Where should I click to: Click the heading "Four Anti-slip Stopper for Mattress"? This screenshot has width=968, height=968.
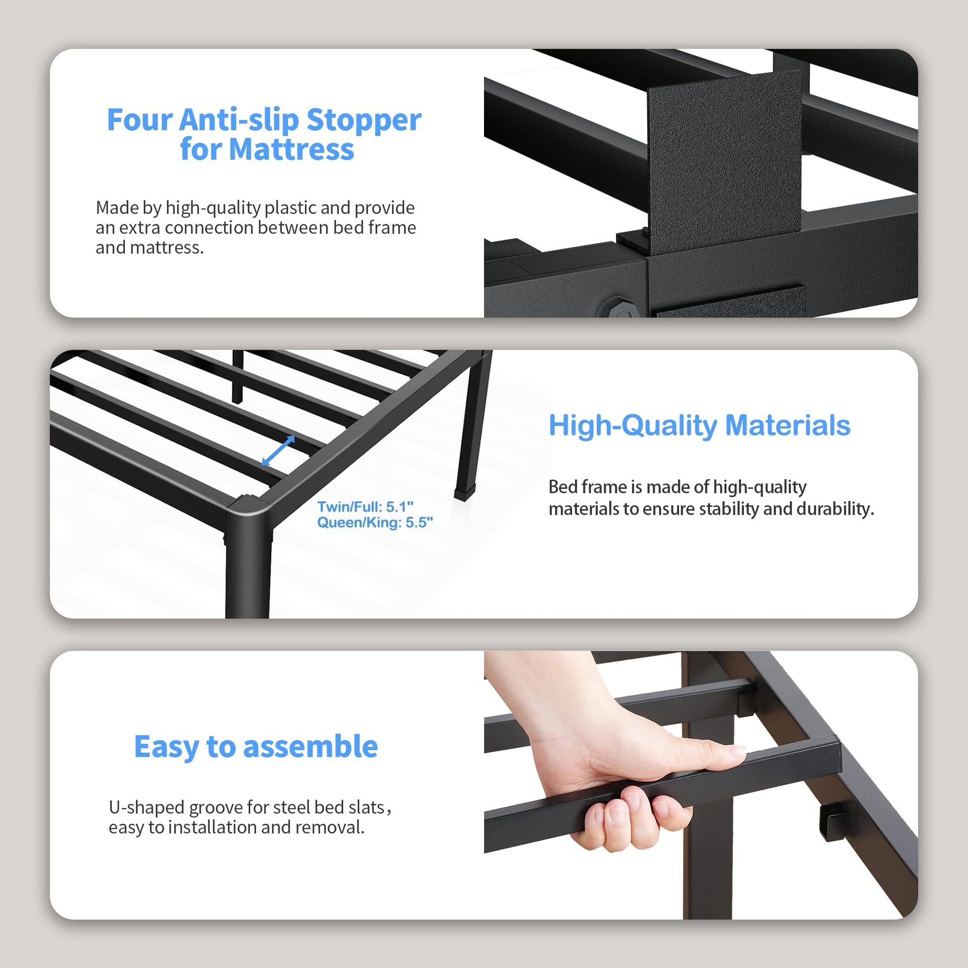pyautogui.click(x=264, y=134)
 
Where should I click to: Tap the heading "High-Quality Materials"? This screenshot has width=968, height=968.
pyautogui.click(x=699, y=425)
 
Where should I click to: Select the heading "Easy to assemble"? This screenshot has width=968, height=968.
pyautogui.click(x=256, y=747)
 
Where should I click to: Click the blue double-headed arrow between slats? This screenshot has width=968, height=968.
pyautogui.click(x=278, y=451)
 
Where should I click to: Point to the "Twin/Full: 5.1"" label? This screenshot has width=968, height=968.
pyautogui.click(x=365, y=506)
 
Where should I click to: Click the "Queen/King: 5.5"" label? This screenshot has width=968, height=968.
pyautogui.click(x=375, y=523)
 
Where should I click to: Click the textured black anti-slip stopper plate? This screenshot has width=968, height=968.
pyautogui.click(x=724, y=159)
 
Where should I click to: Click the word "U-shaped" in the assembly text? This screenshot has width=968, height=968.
pyautogui.click(x=147, y=807)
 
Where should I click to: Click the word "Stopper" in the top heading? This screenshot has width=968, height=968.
pyautogui.click(x=364, y=120)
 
